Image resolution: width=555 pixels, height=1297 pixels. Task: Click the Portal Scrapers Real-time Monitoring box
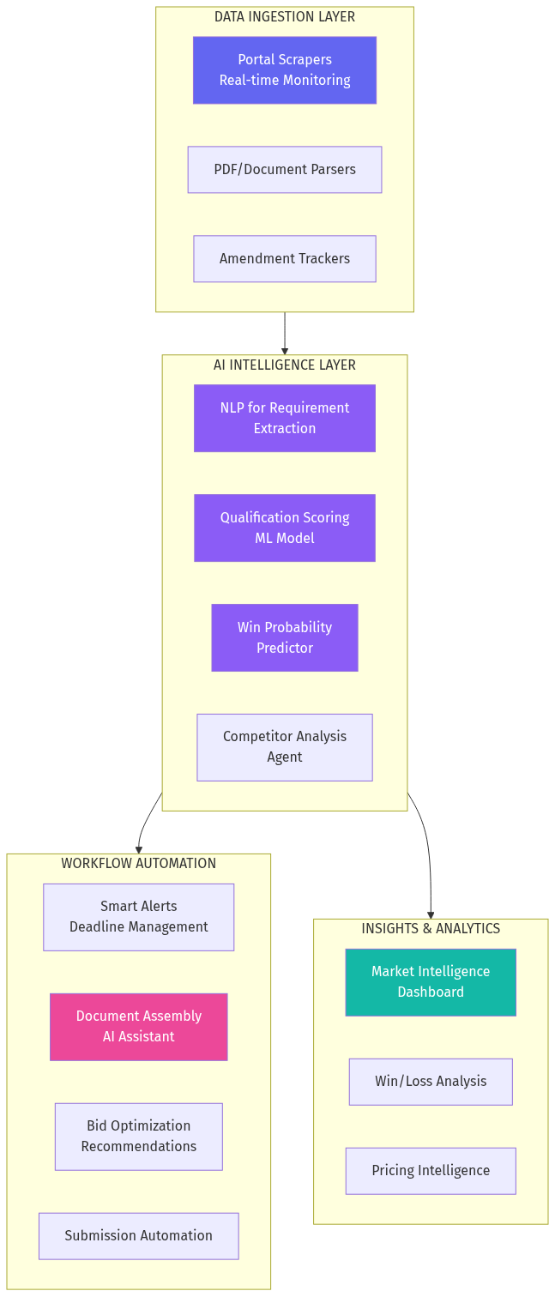tap(284, 70)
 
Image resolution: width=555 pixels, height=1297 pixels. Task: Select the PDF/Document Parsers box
tap(284, 170)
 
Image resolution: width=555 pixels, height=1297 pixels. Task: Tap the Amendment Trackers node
tap(284, 259)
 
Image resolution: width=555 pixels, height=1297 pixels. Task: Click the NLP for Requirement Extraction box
tap(284, 419)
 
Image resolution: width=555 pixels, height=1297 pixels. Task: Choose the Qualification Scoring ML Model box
tap(284, 528)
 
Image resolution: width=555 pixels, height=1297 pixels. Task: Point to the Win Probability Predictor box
tap(284, 638)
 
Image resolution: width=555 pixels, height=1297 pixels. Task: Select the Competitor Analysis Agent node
tap(284, 747)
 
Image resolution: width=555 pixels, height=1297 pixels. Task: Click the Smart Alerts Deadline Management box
tap(138, 917)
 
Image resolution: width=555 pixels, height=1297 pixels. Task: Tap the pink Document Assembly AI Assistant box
tap(138, 1027)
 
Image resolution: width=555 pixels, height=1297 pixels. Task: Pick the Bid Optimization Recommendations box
tap(138, 1137)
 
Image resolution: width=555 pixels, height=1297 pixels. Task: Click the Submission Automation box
tap(138, 1236)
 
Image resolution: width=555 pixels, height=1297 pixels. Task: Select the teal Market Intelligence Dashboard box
tap(430, 982)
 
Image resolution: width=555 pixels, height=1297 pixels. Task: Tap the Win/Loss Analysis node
tap(430, 1082)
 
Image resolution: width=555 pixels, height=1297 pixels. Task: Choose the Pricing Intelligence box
tap(430, 1171)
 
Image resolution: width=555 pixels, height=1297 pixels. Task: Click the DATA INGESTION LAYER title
tap(284, 17)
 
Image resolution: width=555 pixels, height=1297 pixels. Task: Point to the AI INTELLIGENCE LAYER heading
tap(284, 365)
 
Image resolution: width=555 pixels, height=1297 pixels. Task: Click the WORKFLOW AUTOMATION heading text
tap(138, 864)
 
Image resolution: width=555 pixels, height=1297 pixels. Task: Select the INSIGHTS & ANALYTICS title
tap(430, 929)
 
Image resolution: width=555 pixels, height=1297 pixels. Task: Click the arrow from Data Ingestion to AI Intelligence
tap(284, 333)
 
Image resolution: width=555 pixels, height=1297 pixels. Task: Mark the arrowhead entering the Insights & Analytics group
tap(430, 914)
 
